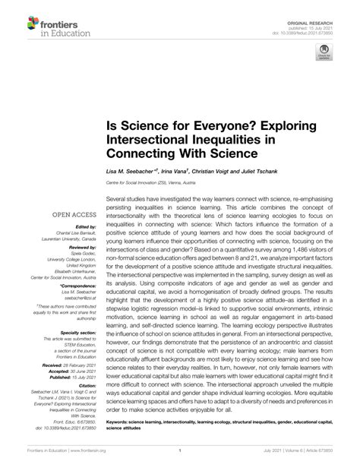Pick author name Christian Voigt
pos(229,172)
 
